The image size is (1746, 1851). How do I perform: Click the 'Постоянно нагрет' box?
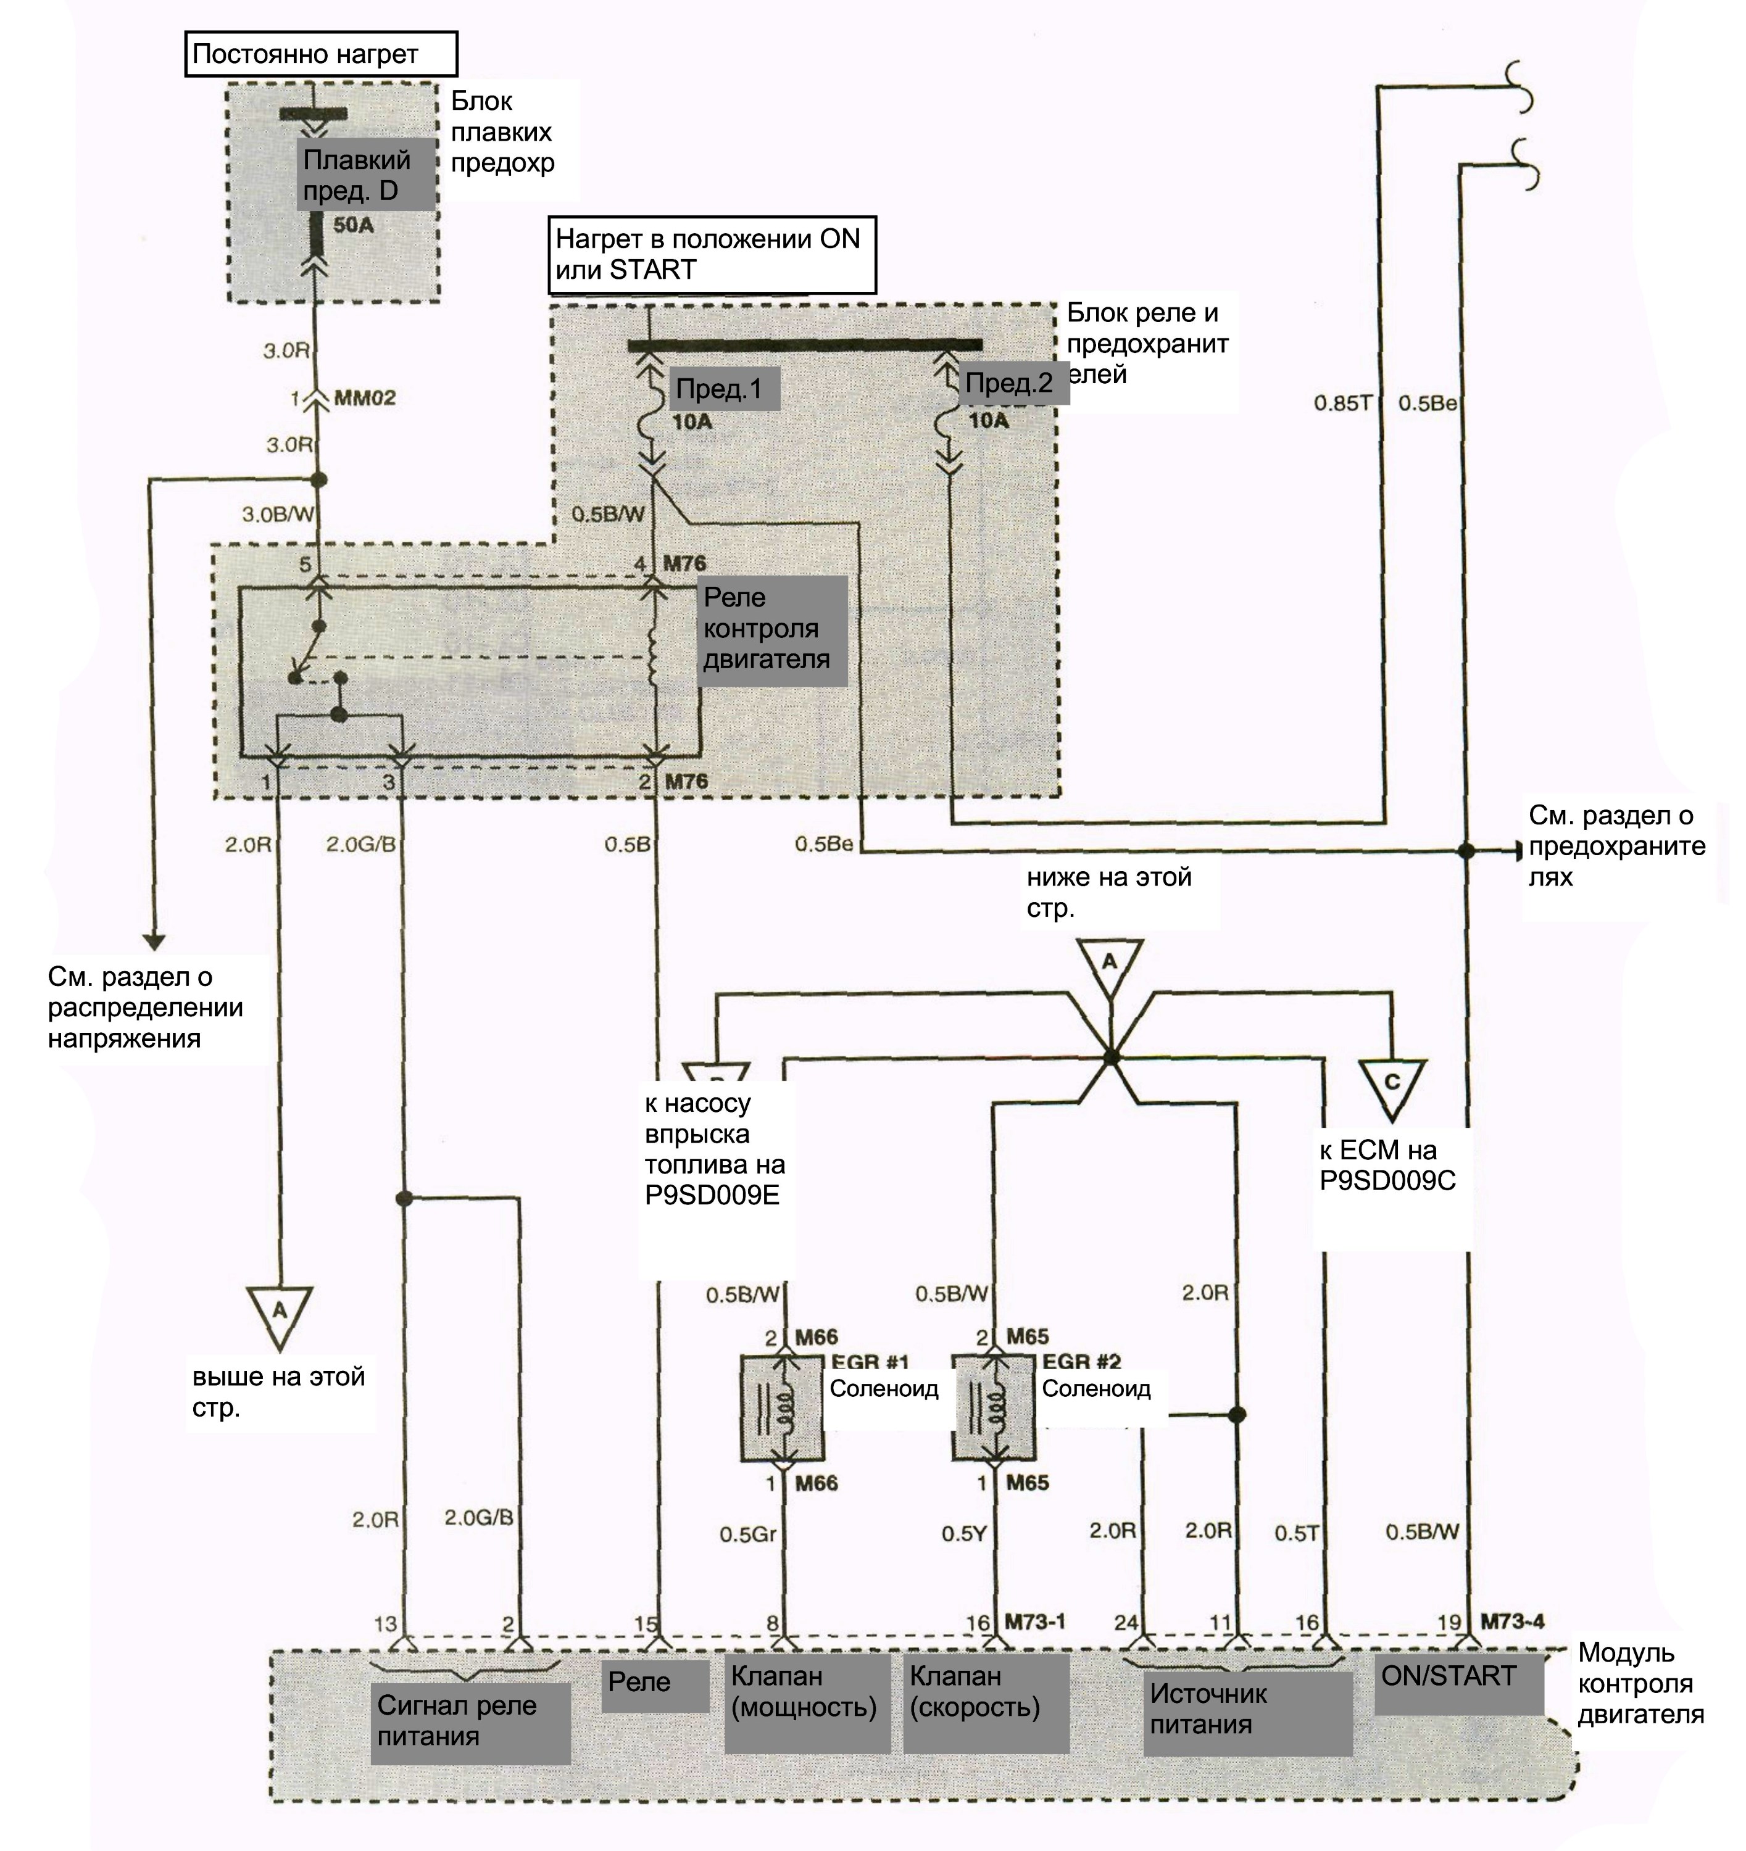pos(322,54)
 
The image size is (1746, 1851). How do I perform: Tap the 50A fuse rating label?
pos(353,225)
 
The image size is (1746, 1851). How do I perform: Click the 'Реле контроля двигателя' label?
pos(773,629)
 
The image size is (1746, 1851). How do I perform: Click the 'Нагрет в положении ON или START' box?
pos(712,255)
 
